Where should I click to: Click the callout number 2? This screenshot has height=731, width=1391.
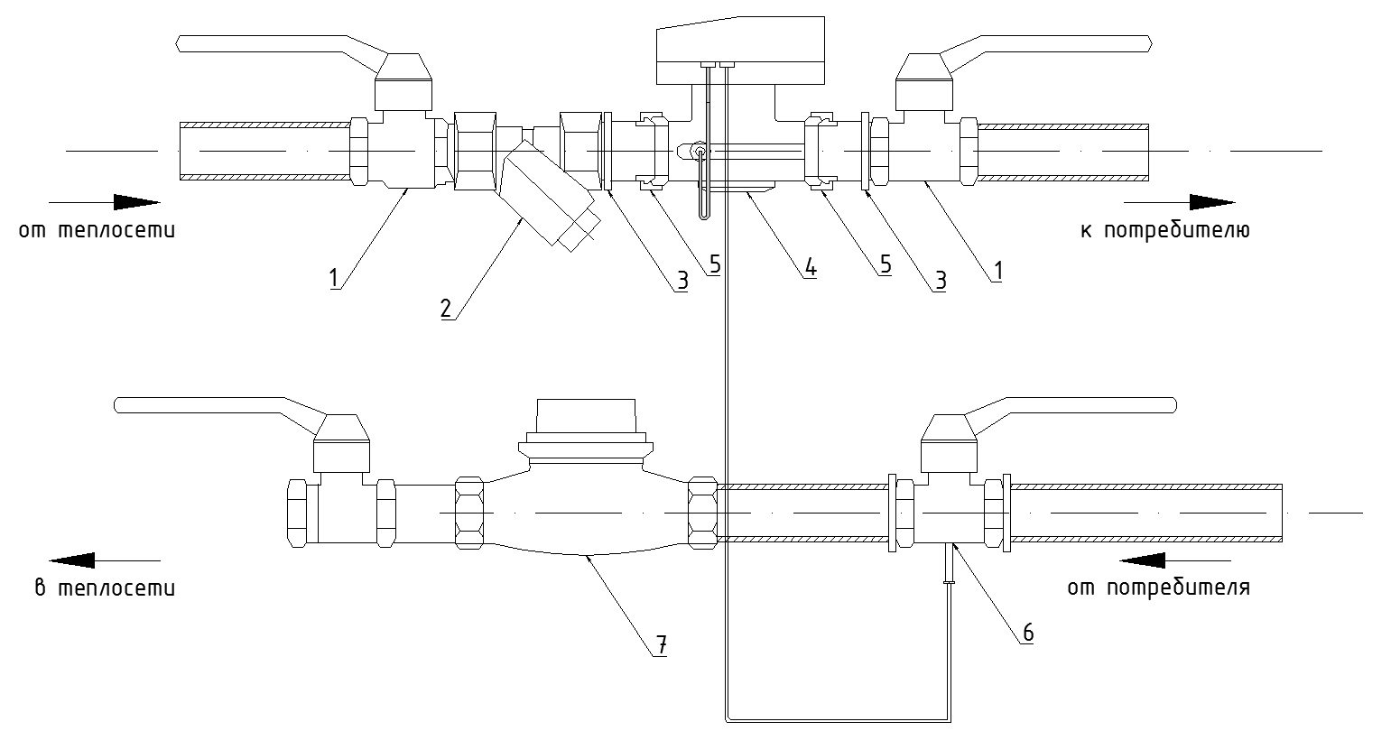click(x=445, y=308)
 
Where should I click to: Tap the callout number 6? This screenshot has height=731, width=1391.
click(x=1027, y=632)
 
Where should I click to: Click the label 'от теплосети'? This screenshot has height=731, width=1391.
click(x=97, y=230)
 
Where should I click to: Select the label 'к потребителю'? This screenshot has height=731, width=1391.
click(x=1164, y=230)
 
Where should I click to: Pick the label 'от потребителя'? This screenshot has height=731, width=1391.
click(x=1158, y=589)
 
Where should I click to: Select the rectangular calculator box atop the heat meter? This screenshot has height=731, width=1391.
click(x=740, y=42)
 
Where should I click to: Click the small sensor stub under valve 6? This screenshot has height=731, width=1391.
click(x=948, y=567)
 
